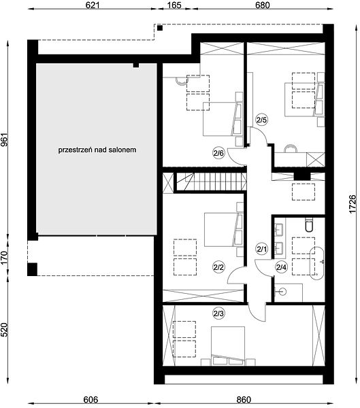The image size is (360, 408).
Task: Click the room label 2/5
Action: pyautogui.click(x=261, y=120)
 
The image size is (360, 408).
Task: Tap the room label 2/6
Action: pyautogui.click(x=218, y=153)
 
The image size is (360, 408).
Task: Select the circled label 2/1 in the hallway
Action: pyautogui.click(x=262, y=250)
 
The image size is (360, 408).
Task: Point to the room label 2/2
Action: pyautogui.click(x=218, y=267)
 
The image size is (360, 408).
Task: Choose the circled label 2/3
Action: pyautogui.click(x=218, y=313)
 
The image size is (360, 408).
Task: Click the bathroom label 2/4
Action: pyautogui.click(x=281, y=267)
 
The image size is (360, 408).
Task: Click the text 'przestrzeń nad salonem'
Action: pyautogui.click(x=97, y=150)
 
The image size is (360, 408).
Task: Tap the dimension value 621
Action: pyautogui.click(x=93, y=5)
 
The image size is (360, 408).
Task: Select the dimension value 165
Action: pyautogui.click(x=174, y=5)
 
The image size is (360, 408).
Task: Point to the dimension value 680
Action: pyautogui.click(x=263, y=5)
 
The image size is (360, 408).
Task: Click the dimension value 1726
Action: pyautogui.click(x=352, y=204)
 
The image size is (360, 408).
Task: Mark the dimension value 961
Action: pyautogui.click(x=5, y=139)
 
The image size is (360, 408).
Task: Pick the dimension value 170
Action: pyautogui.click(x=5, y=258)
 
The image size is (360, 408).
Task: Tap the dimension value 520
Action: pyautogui.click(x=5, y=330)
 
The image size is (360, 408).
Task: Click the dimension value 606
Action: pyautogui.click(x=91, y=400)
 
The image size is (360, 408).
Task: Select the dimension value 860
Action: pyautogui.click(x=244, y=400)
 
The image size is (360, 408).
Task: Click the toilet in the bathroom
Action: pyautogui.click(x=309, y=225)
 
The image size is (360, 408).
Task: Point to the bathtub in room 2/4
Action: pyautogui.click(x=317, y=263)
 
